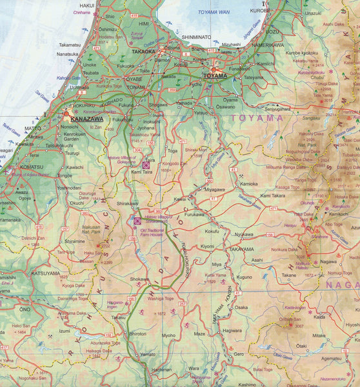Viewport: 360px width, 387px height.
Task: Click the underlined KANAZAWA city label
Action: (x=84, y=119)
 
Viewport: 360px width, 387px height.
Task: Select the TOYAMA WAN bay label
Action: (x=214, y=12)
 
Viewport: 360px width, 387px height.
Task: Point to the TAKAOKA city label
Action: (x=145, y=50)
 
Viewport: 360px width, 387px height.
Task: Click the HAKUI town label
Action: (x=87, y=5)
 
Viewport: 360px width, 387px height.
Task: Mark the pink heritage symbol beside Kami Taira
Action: (x=146, y=165)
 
